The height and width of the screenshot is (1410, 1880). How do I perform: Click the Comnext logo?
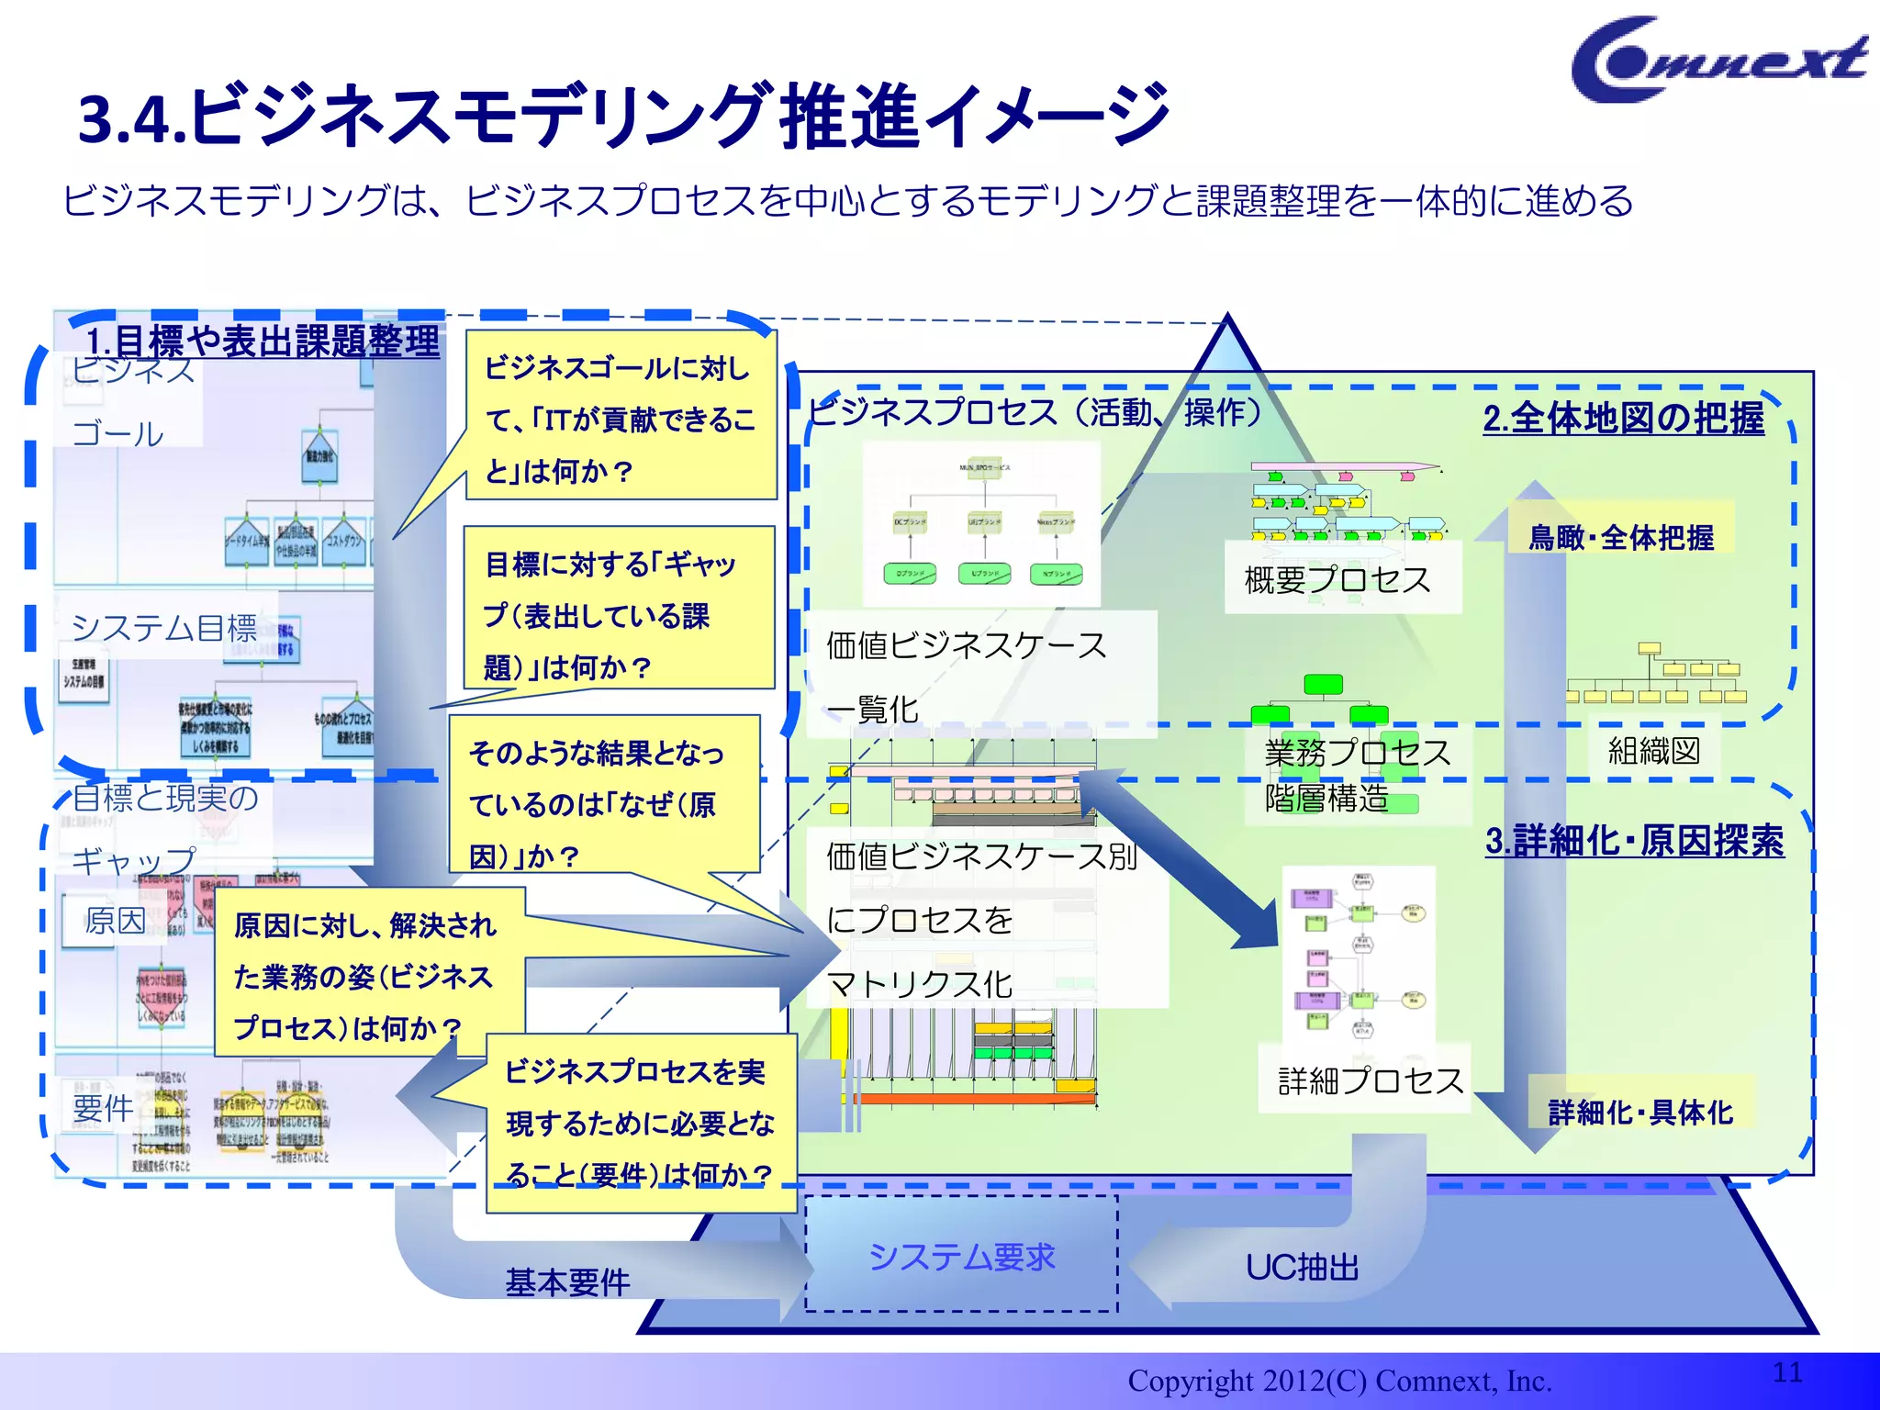click(x=1717, y=60)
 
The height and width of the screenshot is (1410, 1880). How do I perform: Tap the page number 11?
click(x=1787, y=1372)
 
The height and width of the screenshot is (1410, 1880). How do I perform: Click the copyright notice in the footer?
click(x=1339, y=1381)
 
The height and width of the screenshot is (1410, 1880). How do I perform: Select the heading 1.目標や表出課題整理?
click(x=263, y=341)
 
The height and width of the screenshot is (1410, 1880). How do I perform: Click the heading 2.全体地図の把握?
click(x=1623, y=419)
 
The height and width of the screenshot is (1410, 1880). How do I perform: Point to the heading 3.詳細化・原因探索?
click(x=1634, y=841)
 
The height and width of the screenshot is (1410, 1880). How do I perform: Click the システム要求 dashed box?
click(x=961, y=1255)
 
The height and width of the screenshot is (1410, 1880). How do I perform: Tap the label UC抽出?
click(x=1302, y=1268)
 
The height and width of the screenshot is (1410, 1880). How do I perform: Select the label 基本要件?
click(x=567, y=1281)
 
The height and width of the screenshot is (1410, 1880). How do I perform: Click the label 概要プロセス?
click(x=1337, y=580)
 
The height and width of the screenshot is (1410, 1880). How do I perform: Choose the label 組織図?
click(x=1654, y=751)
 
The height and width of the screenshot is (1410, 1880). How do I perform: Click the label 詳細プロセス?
click(x=1370, y=1080)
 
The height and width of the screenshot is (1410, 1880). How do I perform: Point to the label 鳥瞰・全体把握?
click(x=1620, y=537)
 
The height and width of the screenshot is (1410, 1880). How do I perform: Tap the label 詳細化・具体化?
click(x=1640, y=1113)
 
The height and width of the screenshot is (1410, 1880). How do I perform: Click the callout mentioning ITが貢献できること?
click(x=620, y=419)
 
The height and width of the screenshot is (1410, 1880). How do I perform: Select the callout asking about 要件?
click(x=639, y=1123)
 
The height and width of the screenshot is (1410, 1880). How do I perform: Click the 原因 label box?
click(x=114, y=920)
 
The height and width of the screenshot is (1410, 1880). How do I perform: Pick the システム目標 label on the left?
click(x=164, y=628)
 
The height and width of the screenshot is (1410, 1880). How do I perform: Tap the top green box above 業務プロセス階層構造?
click(x=1323, y=684)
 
